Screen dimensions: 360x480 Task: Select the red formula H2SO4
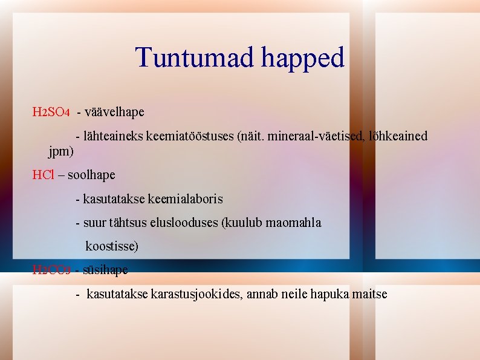[51, 113]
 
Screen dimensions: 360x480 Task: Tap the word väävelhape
[114, 113]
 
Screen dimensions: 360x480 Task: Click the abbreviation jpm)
[60, 151]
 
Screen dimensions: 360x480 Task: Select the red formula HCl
[43, 175]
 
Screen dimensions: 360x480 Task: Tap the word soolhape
[91, 175]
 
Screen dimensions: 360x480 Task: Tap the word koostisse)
[112, 246]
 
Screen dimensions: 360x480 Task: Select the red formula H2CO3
[51, 270]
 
